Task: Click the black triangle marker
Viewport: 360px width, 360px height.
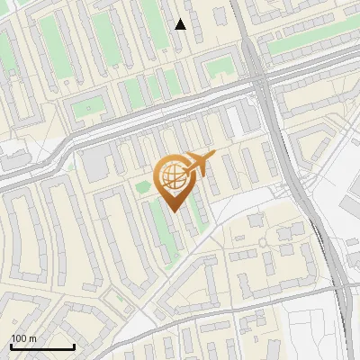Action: (x=181, y=24)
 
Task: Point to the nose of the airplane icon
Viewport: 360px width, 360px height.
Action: (x=214, y=156)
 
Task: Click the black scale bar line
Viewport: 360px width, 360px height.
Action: (x=42, y=346)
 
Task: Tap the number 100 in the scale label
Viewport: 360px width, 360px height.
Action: (x=17, y=338)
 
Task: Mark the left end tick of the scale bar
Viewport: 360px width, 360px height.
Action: (x=11, y=345)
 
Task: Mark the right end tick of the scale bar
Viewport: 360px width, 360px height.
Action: (x=74, y=345)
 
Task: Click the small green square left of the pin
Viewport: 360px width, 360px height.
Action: (x=143, y=185)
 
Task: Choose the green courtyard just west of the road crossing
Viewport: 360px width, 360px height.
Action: (x=219, y=66)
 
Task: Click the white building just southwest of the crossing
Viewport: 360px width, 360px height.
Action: (x=238, y=117)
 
